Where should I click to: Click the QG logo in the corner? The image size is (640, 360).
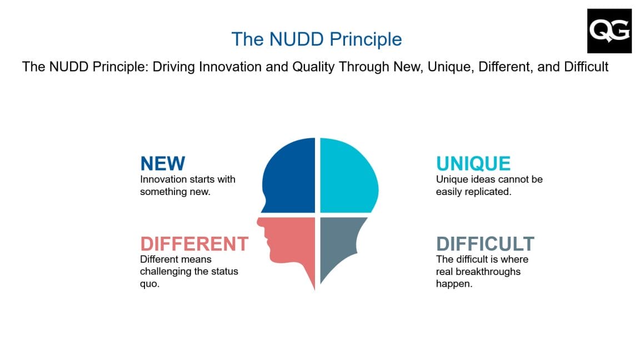tap(609, 31)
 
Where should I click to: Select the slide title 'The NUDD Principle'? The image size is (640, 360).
tap(316, 39)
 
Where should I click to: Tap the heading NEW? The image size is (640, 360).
tap(162, 163)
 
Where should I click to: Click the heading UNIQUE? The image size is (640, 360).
tap(473, 163)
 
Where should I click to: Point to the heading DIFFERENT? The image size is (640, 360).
tap(194, 244)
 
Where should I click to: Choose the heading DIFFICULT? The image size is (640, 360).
tap(485, 244)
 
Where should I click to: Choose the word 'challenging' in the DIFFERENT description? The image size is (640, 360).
tap(166, 272)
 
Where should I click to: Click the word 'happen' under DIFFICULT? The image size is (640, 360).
tap(452, 284)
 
